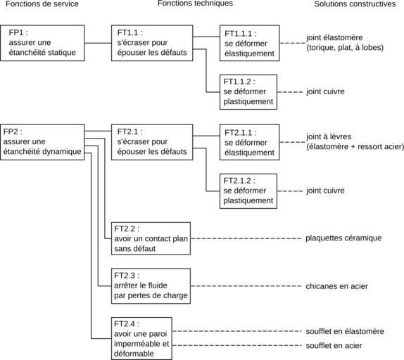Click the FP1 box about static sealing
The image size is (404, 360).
click(42, 43)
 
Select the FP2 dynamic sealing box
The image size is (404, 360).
click(42, 142)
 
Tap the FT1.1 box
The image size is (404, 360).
click(152, 43)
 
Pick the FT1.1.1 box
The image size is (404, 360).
click(249, 43)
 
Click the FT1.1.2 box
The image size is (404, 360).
click(248, 92)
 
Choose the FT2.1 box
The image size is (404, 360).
click(152, 142)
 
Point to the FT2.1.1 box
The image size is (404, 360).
click(249, 142)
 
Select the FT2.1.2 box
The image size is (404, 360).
click(248, 191)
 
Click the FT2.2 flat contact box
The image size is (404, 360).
click(151, 238)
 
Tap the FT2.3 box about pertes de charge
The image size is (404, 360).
click(151, 286)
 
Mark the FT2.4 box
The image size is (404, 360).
click(141, 339)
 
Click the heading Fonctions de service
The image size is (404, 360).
click(42, 4)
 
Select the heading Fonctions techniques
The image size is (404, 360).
click(195, 4)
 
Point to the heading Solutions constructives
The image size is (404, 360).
click(355, 4)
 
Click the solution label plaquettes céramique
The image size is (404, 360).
click(343, 238)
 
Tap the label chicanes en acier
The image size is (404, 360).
click(336, 286)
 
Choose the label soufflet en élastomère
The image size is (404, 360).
click(345, 331)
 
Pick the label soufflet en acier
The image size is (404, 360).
click(334, 346)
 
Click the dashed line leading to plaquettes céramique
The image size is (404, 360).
click(246, 238)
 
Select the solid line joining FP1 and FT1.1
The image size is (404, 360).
click(98, 43)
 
